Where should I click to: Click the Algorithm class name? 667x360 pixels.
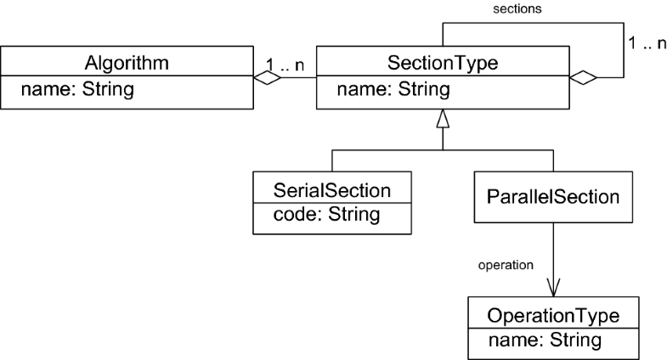pos(127,63)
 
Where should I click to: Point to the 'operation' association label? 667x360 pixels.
pos(506,264)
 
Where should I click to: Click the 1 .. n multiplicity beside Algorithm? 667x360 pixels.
pos(284,63)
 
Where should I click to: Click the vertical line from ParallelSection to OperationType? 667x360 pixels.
pos(555,250)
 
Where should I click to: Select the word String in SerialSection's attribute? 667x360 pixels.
pos(354,215)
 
